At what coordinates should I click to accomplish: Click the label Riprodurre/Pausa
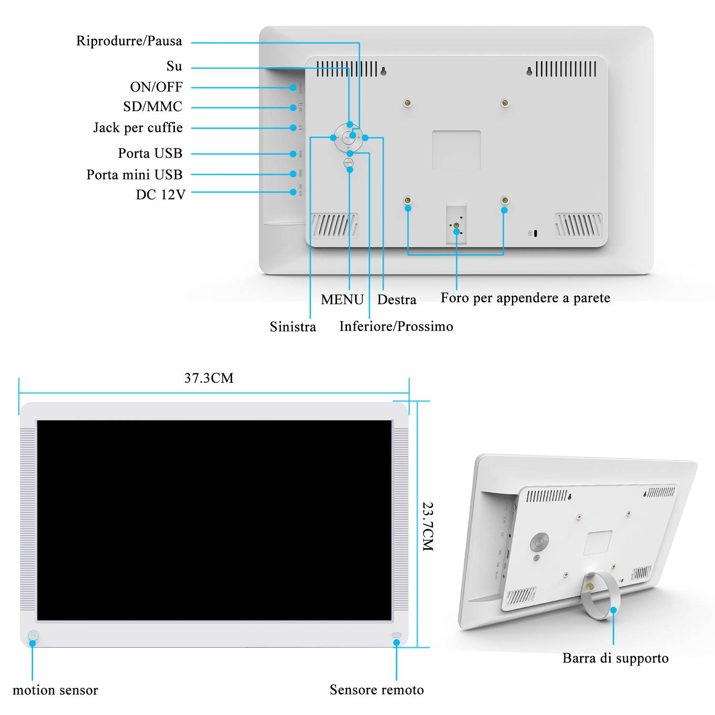coord(129,41)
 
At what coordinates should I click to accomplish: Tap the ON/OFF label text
coord(156,87)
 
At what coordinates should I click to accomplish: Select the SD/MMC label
coord(153,107)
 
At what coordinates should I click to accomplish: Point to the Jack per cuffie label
coord(138,128)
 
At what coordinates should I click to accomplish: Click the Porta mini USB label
coord(134,175)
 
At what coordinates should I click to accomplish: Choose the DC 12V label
coord(160,194)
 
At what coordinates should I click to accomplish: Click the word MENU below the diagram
coord(342,299)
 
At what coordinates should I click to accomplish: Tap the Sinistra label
coord(293,327)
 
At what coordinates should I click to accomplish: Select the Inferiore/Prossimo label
coord(396,327)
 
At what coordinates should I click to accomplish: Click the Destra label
coord(397,299)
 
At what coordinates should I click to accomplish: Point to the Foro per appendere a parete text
coord(525,298)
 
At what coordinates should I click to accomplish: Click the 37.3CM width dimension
coord(209,378)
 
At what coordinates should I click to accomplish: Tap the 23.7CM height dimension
coord(428,526)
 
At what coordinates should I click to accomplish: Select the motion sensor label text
coord(55,690)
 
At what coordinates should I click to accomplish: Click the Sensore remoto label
coord(377,690)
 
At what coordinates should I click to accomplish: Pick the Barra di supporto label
coord(615,658)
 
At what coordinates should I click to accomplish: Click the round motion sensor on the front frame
coord(33,635)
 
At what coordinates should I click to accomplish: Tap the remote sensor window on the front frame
coord(397,635)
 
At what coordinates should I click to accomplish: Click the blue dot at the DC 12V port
coord(293,192)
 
